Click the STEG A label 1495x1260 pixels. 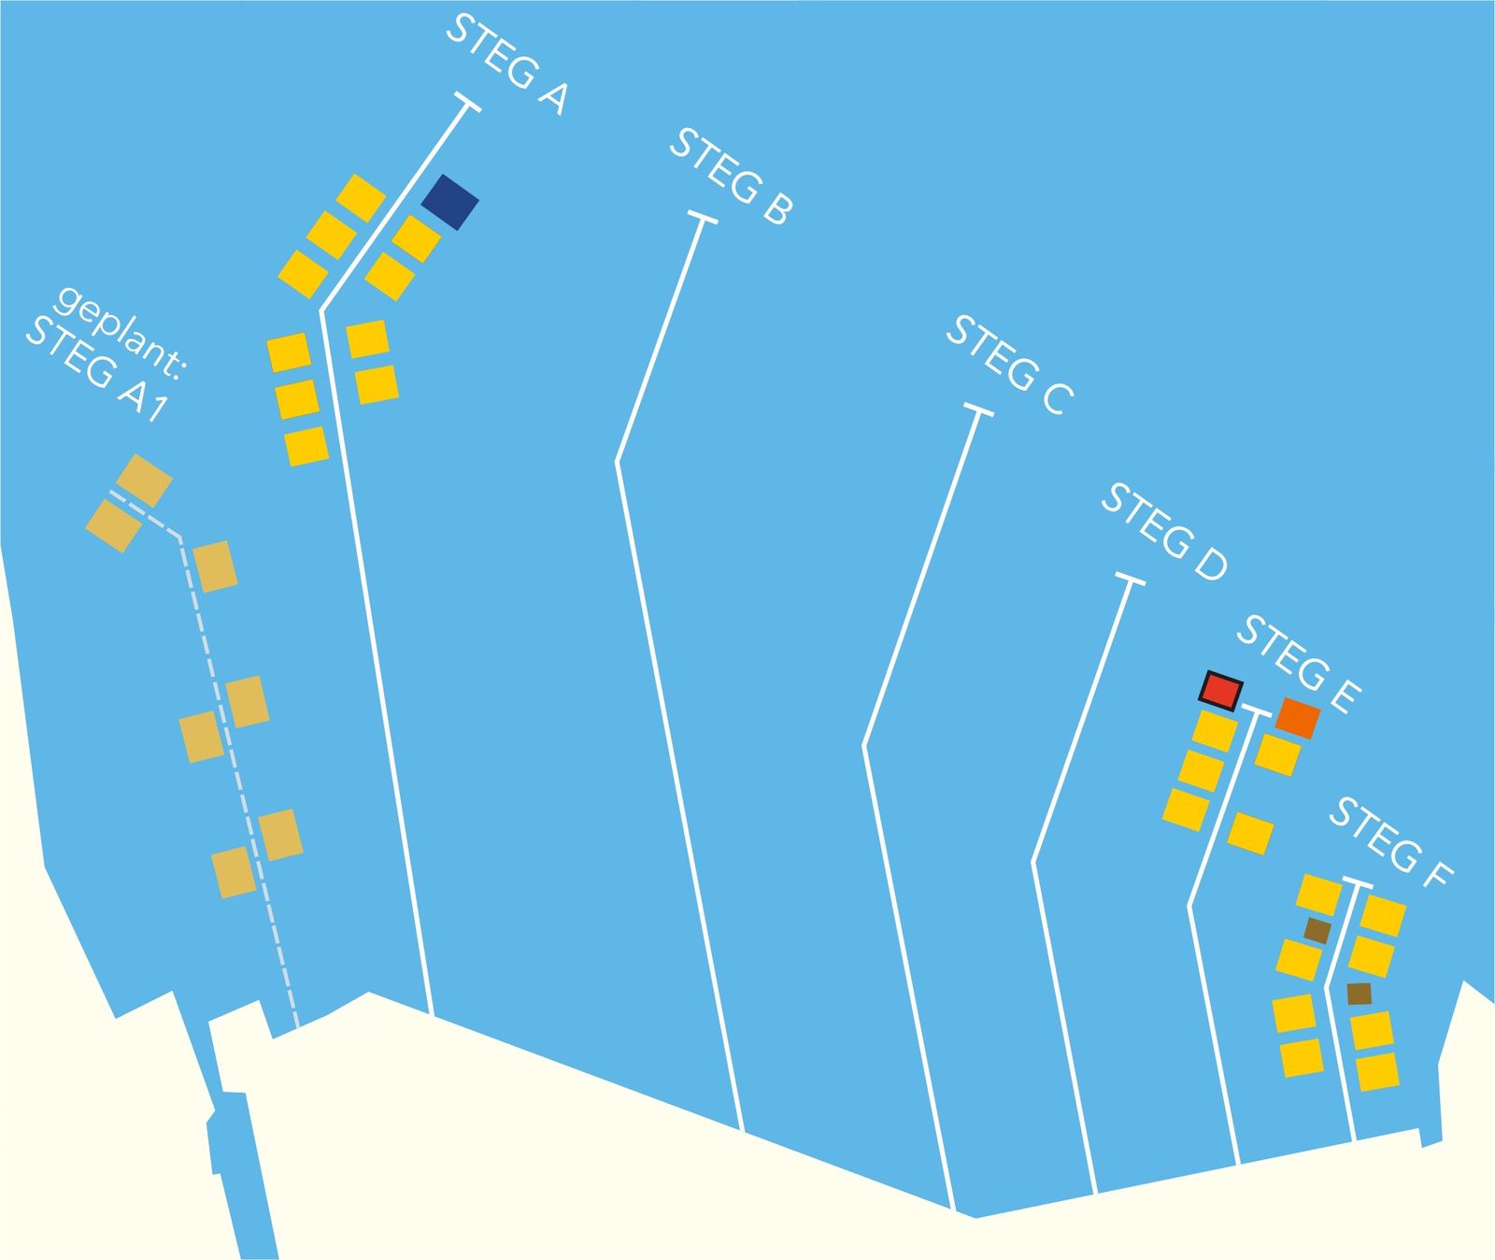pos(505,64)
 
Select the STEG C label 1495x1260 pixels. pos(1010,365)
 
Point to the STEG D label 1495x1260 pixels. pos(1163,533)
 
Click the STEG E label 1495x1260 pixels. pos(1299,666)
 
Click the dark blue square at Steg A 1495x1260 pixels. pos(450,202)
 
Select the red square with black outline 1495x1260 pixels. pos(1221,691)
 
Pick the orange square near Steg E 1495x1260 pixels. pos(1298,718)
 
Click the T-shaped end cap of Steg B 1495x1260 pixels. pos(703,219)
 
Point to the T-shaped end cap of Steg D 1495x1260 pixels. pos(1130,580)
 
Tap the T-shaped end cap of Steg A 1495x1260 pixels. pos(467,103)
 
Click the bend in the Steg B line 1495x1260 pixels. pos(617,462)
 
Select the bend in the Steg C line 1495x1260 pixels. pos(864,746)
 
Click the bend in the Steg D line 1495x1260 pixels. pos(1032,862)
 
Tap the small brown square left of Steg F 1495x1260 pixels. pos(1317,930)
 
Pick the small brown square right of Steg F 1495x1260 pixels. pos(1360,994)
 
